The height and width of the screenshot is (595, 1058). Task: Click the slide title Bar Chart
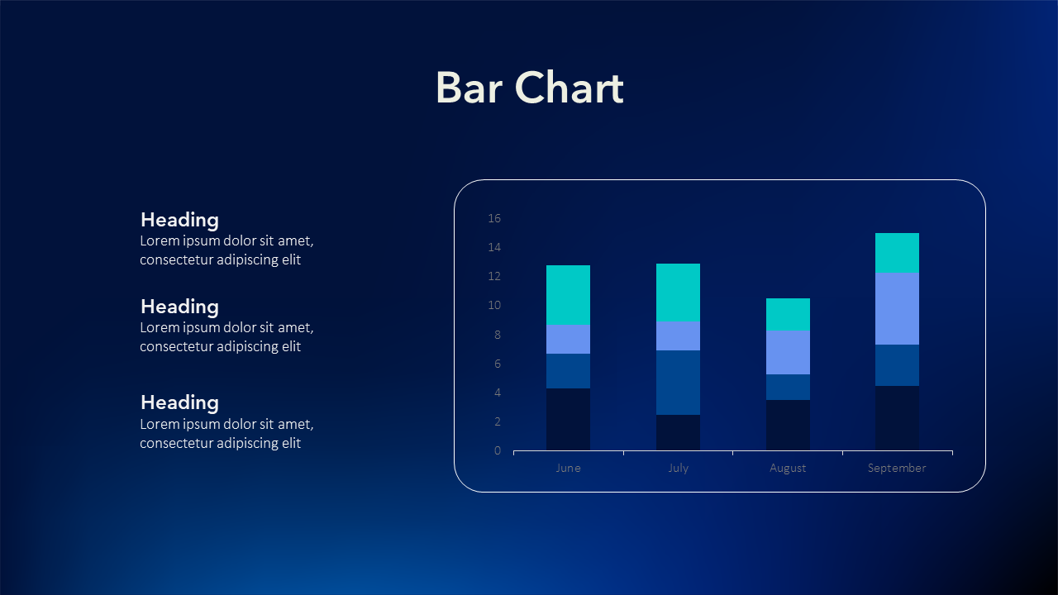(530, 88)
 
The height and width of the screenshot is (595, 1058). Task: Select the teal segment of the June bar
(568, 295)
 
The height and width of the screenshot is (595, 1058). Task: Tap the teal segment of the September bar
(897, 253)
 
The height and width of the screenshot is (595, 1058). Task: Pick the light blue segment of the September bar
(897, 309)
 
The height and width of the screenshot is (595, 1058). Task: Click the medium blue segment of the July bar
(678, 383)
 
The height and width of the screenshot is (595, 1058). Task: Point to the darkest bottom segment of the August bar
(788, 426)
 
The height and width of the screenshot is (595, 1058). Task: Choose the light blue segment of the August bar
(788, 352)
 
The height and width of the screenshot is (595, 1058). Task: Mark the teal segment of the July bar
(678, 293)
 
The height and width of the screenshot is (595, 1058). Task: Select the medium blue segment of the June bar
(568, 371)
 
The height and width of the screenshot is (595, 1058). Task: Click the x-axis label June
(568, 468)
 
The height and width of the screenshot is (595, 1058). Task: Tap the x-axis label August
(788, 468)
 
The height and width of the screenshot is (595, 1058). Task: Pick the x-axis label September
(897, 468)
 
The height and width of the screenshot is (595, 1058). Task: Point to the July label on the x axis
(679, 468)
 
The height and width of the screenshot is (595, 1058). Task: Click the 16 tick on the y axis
(494, 218)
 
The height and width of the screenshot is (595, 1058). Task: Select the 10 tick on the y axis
(494, 305)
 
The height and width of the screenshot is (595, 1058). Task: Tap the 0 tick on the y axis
(498, 450)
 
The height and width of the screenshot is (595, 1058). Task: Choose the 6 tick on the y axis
(498, 364)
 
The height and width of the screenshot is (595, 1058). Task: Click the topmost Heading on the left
(179, 221)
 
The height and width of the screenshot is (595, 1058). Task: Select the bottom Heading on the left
(179, 403)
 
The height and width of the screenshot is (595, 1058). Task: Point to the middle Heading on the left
(179, 307)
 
